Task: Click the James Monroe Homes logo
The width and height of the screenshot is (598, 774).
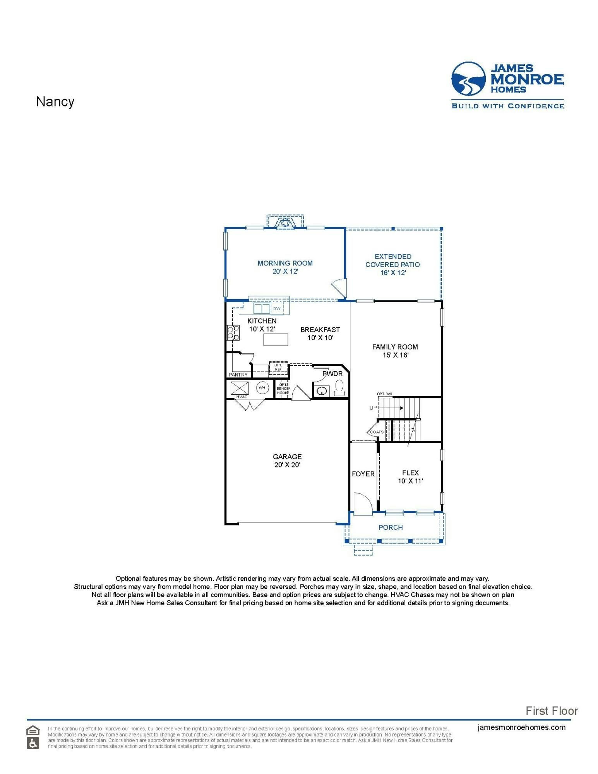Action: tap(507, 85)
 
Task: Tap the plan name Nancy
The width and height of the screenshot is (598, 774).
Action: tap(55, 102)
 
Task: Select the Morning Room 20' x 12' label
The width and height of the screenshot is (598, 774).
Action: tap(285, 267)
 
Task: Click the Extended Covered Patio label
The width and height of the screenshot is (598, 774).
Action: tap(392, 264)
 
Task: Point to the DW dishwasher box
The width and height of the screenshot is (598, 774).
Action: tap(277, 308)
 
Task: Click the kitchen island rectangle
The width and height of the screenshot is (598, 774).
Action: tap(276, 339)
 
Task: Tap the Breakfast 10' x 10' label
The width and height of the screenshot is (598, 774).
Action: tap(320, 333)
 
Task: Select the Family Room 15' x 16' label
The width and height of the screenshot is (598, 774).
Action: tap(395, 351)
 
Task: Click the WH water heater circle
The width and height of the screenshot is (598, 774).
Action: tap(262, 387)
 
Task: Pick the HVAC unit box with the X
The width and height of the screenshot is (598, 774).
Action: tap(240, 388)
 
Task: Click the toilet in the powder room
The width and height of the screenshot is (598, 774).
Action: tap(339, 388)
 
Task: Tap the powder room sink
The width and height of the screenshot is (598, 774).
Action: tap(321, 391)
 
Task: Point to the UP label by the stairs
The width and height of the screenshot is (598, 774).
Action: tap(373, 408)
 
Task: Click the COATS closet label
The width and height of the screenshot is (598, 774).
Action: tap(377, 432)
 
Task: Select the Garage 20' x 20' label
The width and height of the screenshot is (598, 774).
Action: tap(287, 461)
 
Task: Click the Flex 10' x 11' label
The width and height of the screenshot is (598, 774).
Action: tap(410, 477)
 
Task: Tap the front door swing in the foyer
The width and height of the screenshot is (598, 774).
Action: tap(363, 503)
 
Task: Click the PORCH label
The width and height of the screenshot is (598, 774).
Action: tap(391, 527)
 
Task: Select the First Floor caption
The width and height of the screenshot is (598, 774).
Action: tap(551, 711)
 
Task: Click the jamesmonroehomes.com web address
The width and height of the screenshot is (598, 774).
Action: tap(521, 727)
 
